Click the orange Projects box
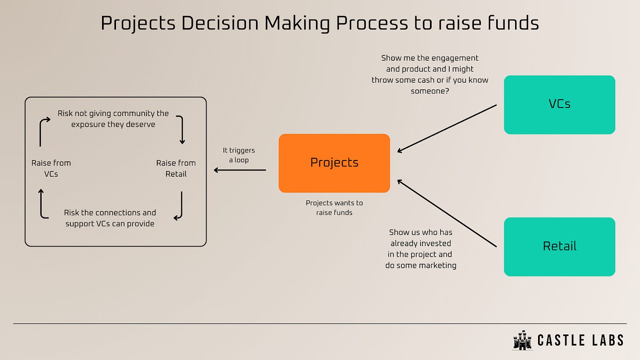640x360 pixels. coord(334,163)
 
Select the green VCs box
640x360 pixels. coord(559,104)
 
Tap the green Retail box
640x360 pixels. coord(559,246)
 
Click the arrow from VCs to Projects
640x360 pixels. coord(447,128)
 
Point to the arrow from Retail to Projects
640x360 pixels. coord(447,213)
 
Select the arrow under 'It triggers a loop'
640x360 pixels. coord(240,170)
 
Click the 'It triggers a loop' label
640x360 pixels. coord(239,155)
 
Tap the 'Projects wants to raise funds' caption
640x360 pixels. coord(334,207)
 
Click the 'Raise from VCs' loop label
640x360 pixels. coord(51,168)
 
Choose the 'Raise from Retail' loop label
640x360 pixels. coord(176,168)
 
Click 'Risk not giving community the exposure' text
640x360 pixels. coord(113,119)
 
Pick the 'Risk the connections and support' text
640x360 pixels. coord(110,218)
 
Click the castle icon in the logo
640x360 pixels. coord(522,340)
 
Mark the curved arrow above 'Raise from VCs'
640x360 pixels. coord(43,131)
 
